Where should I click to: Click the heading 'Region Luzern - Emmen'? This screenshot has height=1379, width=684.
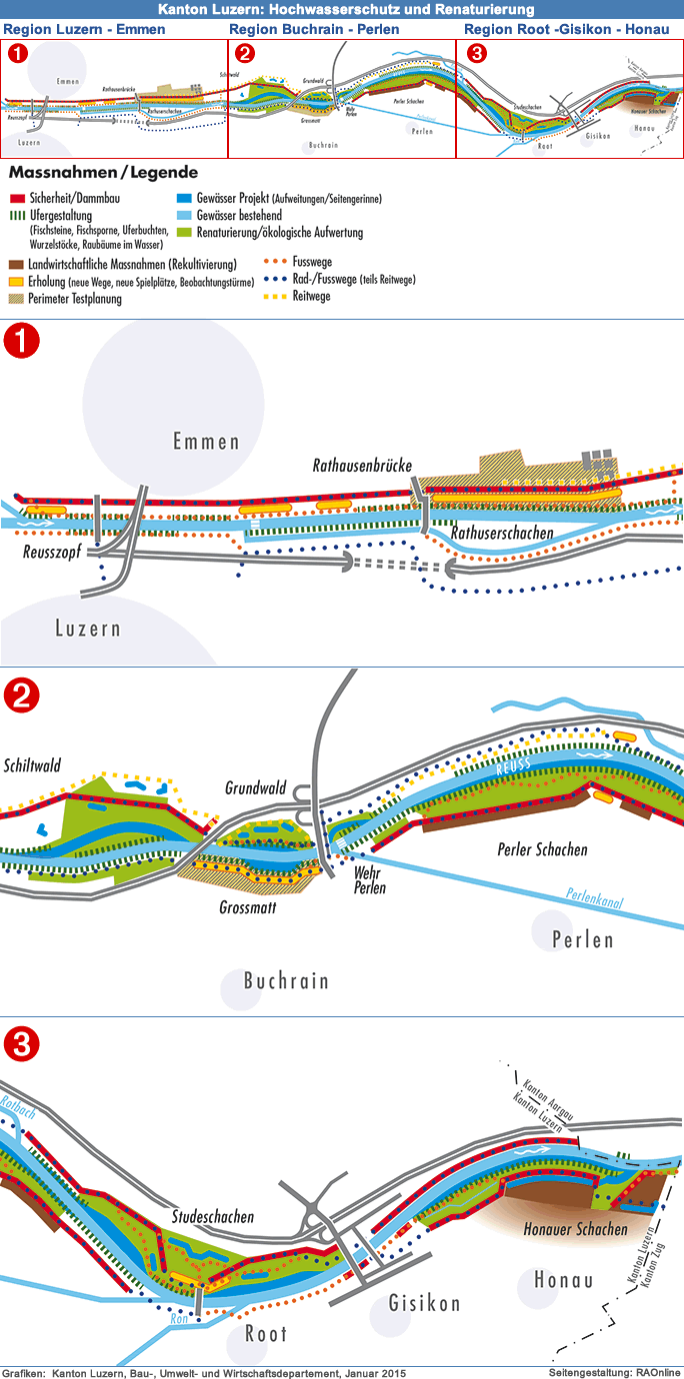click(86, 29)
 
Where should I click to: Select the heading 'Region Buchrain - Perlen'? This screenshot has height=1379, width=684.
click(314, 29)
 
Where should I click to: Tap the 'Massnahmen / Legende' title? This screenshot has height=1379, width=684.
click(103, 173)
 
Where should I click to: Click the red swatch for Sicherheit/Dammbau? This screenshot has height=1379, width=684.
click(17, 199)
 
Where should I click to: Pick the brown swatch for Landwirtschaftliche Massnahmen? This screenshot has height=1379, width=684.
click(17, 265)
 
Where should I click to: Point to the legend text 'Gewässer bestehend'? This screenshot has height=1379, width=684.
click(239, 216)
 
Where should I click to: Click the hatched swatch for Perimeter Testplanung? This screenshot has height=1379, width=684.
click(17, 298)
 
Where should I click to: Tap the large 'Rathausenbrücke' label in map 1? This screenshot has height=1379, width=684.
click(362, 466)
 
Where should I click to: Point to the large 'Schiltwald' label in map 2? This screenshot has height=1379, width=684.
click(32, 766)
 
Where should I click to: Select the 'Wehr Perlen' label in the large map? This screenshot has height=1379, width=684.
click(370, 880)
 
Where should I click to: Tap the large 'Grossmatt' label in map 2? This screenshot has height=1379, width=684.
click(248, 907)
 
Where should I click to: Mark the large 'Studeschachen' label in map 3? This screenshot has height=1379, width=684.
click(213, 1217)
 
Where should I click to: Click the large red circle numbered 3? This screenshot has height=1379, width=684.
click(21, 1046)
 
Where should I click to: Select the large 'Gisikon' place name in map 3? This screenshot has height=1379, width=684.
click(424, 1303)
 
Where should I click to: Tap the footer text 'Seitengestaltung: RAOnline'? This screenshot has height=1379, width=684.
click(614, 1372)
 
